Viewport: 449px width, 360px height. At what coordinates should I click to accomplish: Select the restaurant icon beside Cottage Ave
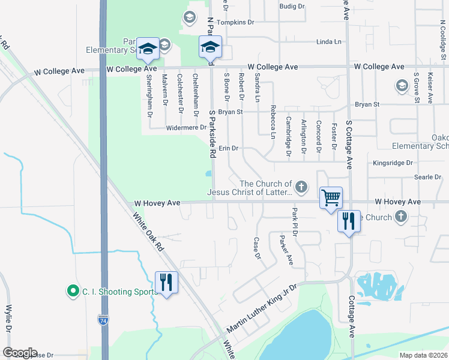tap(349, 222)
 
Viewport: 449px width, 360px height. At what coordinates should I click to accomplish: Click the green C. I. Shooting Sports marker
tap(73, 292)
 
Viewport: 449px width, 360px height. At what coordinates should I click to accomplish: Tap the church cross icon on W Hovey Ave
tap(302, 188)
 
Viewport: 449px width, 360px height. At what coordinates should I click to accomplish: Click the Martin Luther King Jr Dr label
tap(262, 309)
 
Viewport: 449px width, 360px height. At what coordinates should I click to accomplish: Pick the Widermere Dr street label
tap(187, 127)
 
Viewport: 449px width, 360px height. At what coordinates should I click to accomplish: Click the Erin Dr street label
tap(229, 148)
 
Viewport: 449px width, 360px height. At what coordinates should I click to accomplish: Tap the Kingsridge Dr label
tap(393, 163)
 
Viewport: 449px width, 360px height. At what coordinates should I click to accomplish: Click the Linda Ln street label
tap(328, 41)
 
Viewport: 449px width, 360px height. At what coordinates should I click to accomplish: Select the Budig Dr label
tap(293, 6)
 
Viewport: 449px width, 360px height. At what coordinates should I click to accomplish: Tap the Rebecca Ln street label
tap(273, 122)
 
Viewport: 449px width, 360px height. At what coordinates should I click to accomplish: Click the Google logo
tap(20, 353)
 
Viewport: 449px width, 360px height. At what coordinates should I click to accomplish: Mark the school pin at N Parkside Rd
tap(211, 47)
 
